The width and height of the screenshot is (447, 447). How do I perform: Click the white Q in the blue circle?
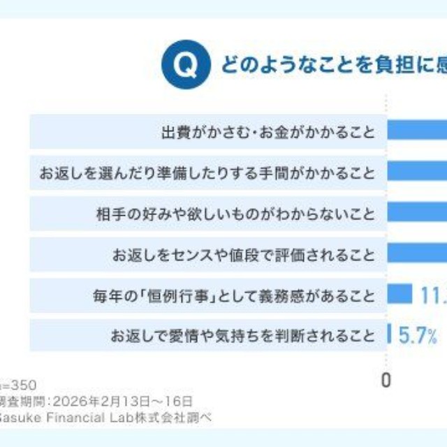point(185,66)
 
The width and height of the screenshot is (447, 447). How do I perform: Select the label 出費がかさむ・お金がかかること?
point(268,132)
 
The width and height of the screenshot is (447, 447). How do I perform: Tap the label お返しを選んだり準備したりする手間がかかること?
point(207,173)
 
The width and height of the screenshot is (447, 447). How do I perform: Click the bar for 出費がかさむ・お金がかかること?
point(417,131)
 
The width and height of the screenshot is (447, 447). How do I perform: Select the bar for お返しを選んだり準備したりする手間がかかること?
point(417,171)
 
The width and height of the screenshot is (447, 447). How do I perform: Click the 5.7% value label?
point(418,336)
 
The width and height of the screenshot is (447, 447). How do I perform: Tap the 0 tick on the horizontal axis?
point(386,380)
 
